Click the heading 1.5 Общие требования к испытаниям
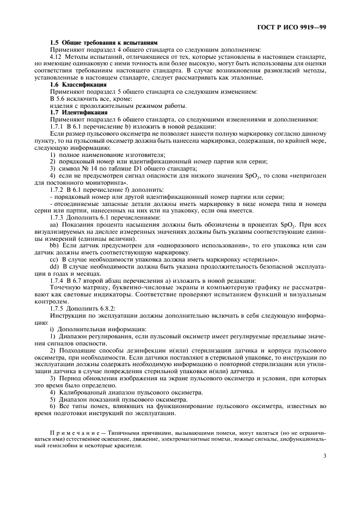click(103, 42)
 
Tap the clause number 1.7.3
click(58, 217)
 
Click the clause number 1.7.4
click(58, 280)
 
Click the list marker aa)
click(54, 224)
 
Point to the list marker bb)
click(54, 245)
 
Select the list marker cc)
click(54, 259)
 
